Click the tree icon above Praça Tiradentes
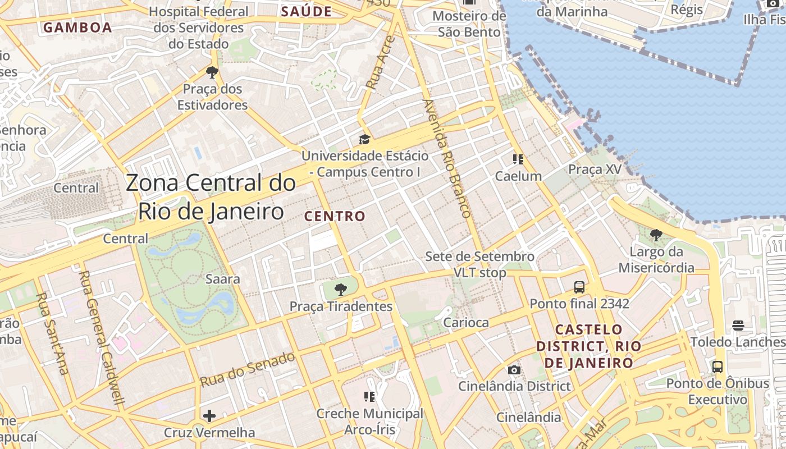pos(340,290)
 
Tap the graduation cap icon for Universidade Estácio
pos(365,139)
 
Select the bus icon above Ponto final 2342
pos(579,287)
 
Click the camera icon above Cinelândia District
pos(514,370)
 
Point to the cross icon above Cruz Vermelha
pos(209,416)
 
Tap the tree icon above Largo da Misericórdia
pos(656,235)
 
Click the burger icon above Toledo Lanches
pos(738,326)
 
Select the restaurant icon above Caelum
pos(518,160)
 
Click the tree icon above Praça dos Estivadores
pos(212,72)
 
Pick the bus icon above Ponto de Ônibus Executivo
pos(718,367)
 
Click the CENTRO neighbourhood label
pos(335,216)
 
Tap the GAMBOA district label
pos(77,28)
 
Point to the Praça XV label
pos(595,169)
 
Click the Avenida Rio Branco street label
pos(446,158)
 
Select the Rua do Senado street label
pos(248,369)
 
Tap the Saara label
pos(223,279)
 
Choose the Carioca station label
pos(466,323)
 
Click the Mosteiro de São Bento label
pos(469,24)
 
